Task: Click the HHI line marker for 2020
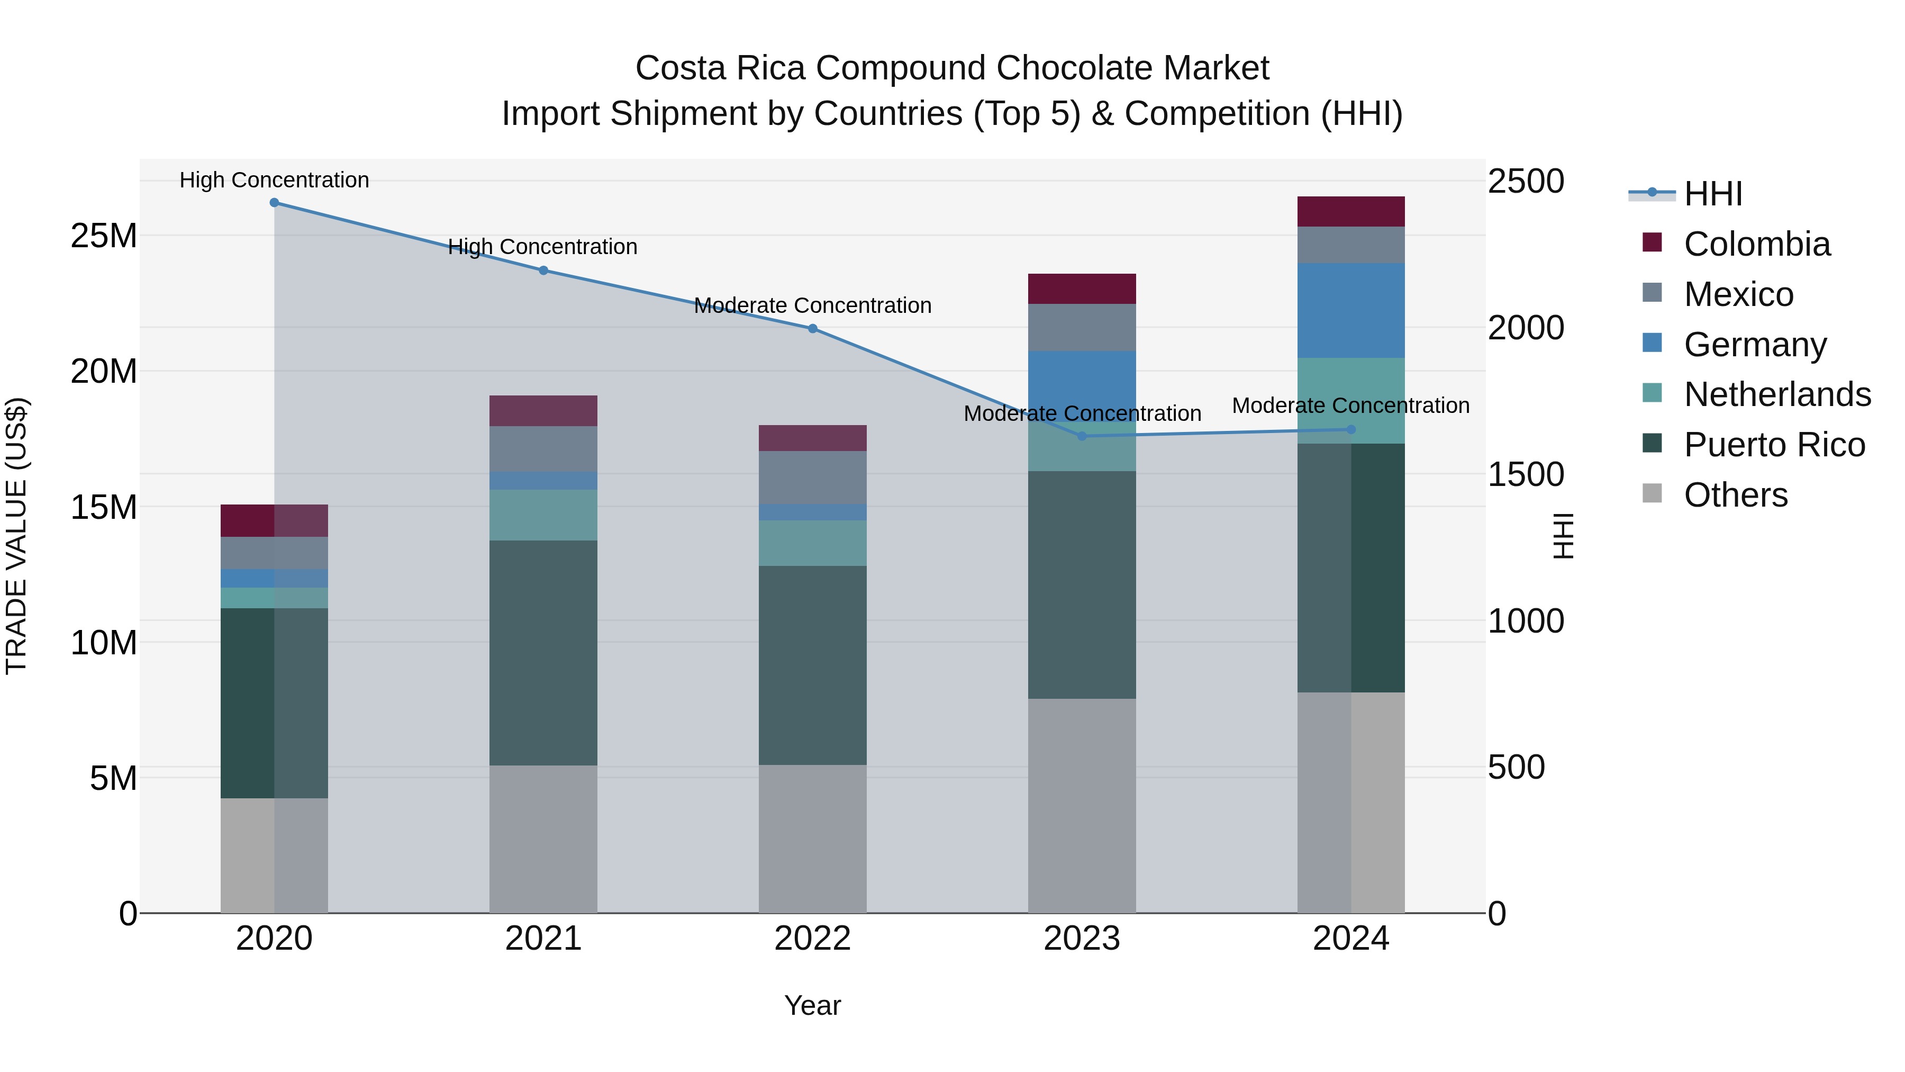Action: point(274,203)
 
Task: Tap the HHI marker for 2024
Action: point(1350,429)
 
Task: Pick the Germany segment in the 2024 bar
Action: point(1350,311)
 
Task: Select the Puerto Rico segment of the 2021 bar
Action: point(543,653)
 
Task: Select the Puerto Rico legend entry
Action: point(1773,445)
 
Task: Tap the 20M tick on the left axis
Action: point(104,372)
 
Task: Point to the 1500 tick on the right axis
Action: point(1525,474)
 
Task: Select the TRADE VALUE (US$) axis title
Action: point(16,536)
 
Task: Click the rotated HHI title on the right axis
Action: point(1563,536)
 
